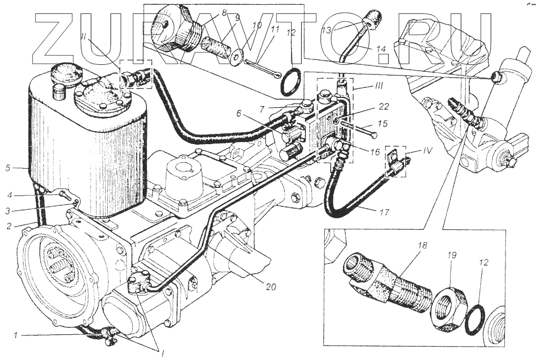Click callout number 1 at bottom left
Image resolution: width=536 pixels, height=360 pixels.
[16, 335]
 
